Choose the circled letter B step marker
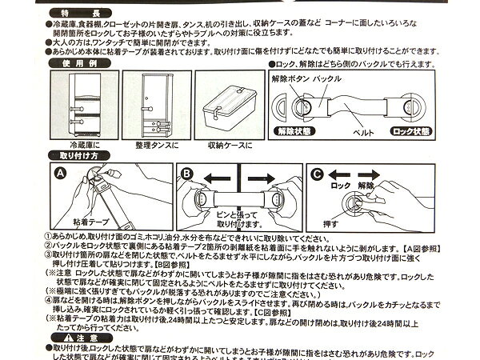click(x=186, y=172)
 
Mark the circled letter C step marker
click(x=316, y=172)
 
